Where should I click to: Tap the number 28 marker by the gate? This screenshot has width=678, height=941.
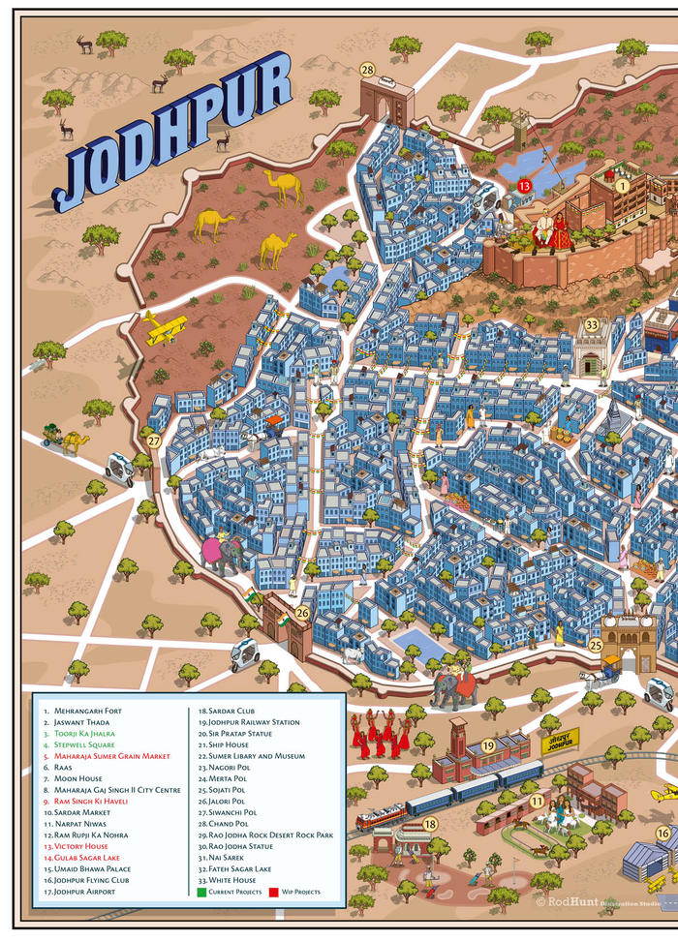click(x=367, y=69)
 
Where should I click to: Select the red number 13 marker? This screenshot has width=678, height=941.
click(x=524, y=184)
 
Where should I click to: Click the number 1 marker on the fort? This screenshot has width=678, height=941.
click(x=623, y=183)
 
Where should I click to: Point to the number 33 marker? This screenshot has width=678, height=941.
click(x=592, y=324)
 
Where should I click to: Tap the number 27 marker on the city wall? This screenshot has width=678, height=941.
click(x=154, y=440)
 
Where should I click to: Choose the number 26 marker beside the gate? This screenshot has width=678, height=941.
click(x=302, y=612)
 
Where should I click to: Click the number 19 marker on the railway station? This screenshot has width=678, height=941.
click(x=488, y=744)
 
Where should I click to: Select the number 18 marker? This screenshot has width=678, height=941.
click(x=430, y=823)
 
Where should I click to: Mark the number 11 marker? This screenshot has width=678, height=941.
click(x=536, y=801)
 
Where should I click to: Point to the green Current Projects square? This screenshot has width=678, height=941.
click(x=201, y=891)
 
